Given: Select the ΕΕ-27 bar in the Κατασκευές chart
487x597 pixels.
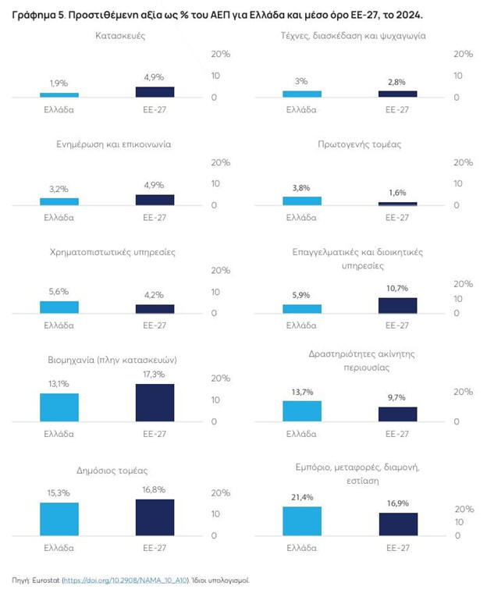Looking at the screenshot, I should (x=155, y=92).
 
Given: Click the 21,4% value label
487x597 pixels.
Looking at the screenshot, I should (x=301, y=497).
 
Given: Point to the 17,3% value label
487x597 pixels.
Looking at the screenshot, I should (x=155, y=374).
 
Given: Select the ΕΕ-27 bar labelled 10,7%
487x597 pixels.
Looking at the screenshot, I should (x=397, y=305).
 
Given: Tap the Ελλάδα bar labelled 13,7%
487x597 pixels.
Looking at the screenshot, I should (x=301, y=411).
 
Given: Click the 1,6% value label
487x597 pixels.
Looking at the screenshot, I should (x=397, y=192).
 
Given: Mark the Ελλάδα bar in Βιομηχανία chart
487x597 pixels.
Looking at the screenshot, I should (x=59, y=407).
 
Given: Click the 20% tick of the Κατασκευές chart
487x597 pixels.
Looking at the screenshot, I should (x=222, y=54).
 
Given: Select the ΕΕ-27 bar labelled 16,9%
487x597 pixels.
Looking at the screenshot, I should (x=397, y=524).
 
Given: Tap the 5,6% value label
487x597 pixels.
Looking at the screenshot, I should (x=59, y=291).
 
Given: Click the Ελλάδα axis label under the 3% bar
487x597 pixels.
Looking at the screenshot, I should (x=301, y=109).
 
